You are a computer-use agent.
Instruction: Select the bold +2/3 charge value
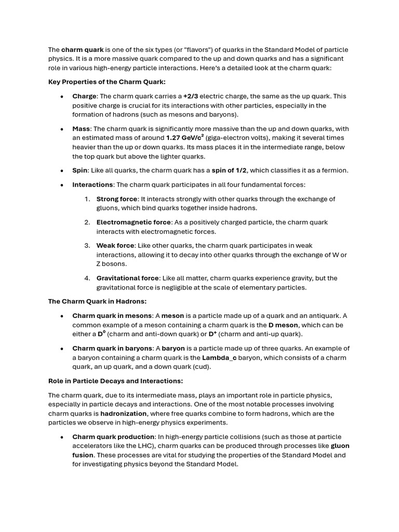[x=191, y=96]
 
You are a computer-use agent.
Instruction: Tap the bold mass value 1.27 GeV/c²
[x=185, y=138]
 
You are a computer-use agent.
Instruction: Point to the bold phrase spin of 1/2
[x=229, y=170]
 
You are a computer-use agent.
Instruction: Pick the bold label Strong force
[x=117, y=199]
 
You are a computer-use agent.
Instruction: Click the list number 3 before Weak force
[x=87, y=246]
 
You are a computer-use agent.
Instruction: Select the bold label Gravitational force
[x=128, y=278]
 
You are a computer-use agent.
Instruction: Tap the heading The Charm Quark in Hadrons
[x=97, y=301]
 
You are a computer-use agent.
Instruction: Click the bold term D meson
[x=283, y=325]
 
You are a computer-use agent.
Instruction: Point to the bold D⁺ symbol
[x=212, y=334]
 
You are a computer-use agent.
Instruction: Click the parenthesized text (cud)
[x=202, y=367]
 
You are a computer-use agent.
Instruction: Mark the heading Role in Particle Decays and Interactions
[x=115, y=381]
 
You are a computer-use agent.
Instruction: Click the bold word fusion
[x=83, y=455]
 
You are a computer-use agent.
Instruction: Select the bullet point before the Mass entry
[x=62, y=129]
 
